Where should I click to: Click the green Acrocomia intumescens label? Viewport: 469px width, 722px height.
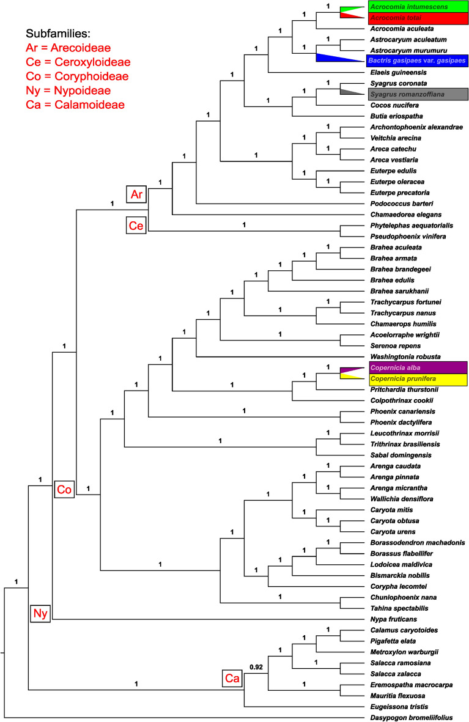418,7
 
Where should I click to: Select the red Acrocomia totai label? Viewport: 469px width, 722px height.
418,18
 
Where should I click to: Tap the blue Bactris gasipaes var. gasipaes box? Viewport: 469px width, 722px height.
418,61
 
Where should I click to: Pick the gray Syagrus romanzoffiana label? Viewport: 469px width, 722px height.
418,94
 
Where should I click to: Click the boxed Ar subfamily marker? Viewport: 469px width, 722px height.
136,194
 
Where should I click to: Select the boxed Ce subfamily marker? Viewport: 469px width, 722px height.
136,225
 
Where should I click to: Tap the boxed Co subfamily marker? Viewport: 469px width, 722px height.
64,488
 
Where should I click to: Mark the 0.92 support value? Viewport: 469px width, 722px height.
256,668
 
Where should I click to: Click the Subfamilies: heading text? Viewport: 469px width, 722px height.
65,33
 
